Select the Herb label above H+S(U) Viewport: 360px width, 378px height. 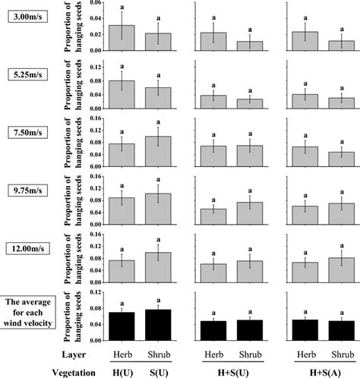(x=207, y=354)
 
